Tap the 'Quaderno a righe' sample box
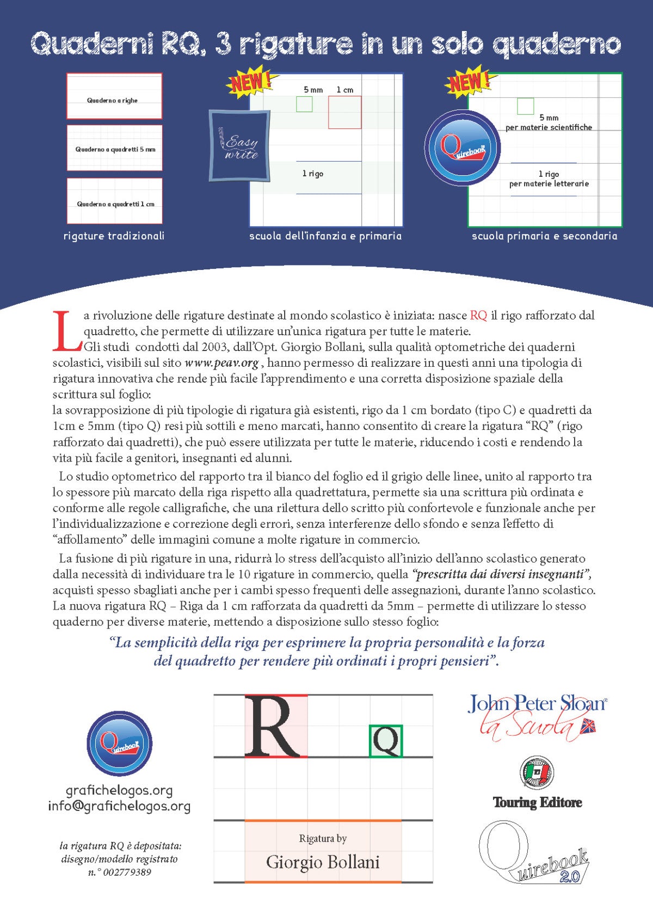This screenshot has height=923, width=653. [114, 96]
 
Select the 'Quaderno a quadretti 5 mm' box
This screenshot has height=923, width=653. [115, 148]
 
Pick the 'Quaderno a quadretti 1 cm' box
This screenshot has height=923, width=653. [115, 201]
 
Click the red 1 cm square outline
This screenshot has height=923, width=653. [344, 113]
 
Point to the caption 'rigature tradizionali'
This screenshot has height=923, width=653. [114, 236]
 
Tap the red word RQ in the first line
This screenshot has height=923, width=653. [478, 315]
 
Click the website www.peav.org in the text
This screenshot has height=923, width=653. [221, 362]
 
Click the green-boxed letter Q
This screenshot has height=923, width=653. [386, 741]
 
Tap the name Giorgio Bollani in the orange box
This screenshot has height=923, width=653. [323, 862]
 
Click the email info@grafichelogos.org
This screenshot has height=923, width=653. [119, 806]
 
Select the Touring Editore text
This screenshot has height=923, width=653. [537, 802]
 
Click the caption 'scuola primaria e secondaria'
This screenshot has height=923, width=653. [544, 236]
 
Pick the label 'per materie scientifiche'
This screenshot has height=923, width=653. [549, 127]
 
